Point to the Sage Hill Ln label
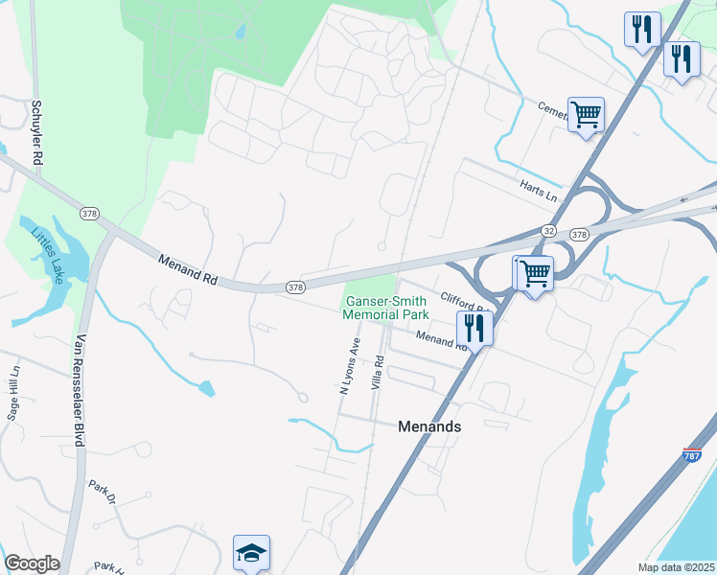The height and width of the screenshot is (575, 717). coord(13,393)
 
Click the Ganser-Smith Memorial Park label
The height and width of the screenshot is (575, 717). coord(385,308)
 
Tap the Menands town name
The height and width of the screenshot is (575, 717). coord(429,426)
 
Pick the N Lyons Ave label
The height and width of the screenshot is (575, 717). coord(348,366)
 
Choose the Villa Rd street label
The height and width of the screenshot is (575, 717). coord(380,373)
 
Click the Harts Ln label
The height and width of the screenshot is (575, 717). coord(538,190)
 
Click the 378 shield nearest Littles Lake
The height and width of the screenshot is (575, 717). coord(89,213)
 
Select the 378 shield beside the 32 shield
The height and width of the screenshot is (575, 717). coord(578,234)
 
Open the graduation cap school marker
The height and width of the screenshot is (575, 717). coord(251,552)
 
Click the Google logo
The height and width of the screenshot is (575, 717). coord(32,563)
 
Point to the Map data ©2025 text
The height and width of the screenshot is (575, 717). coord(677,567)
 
